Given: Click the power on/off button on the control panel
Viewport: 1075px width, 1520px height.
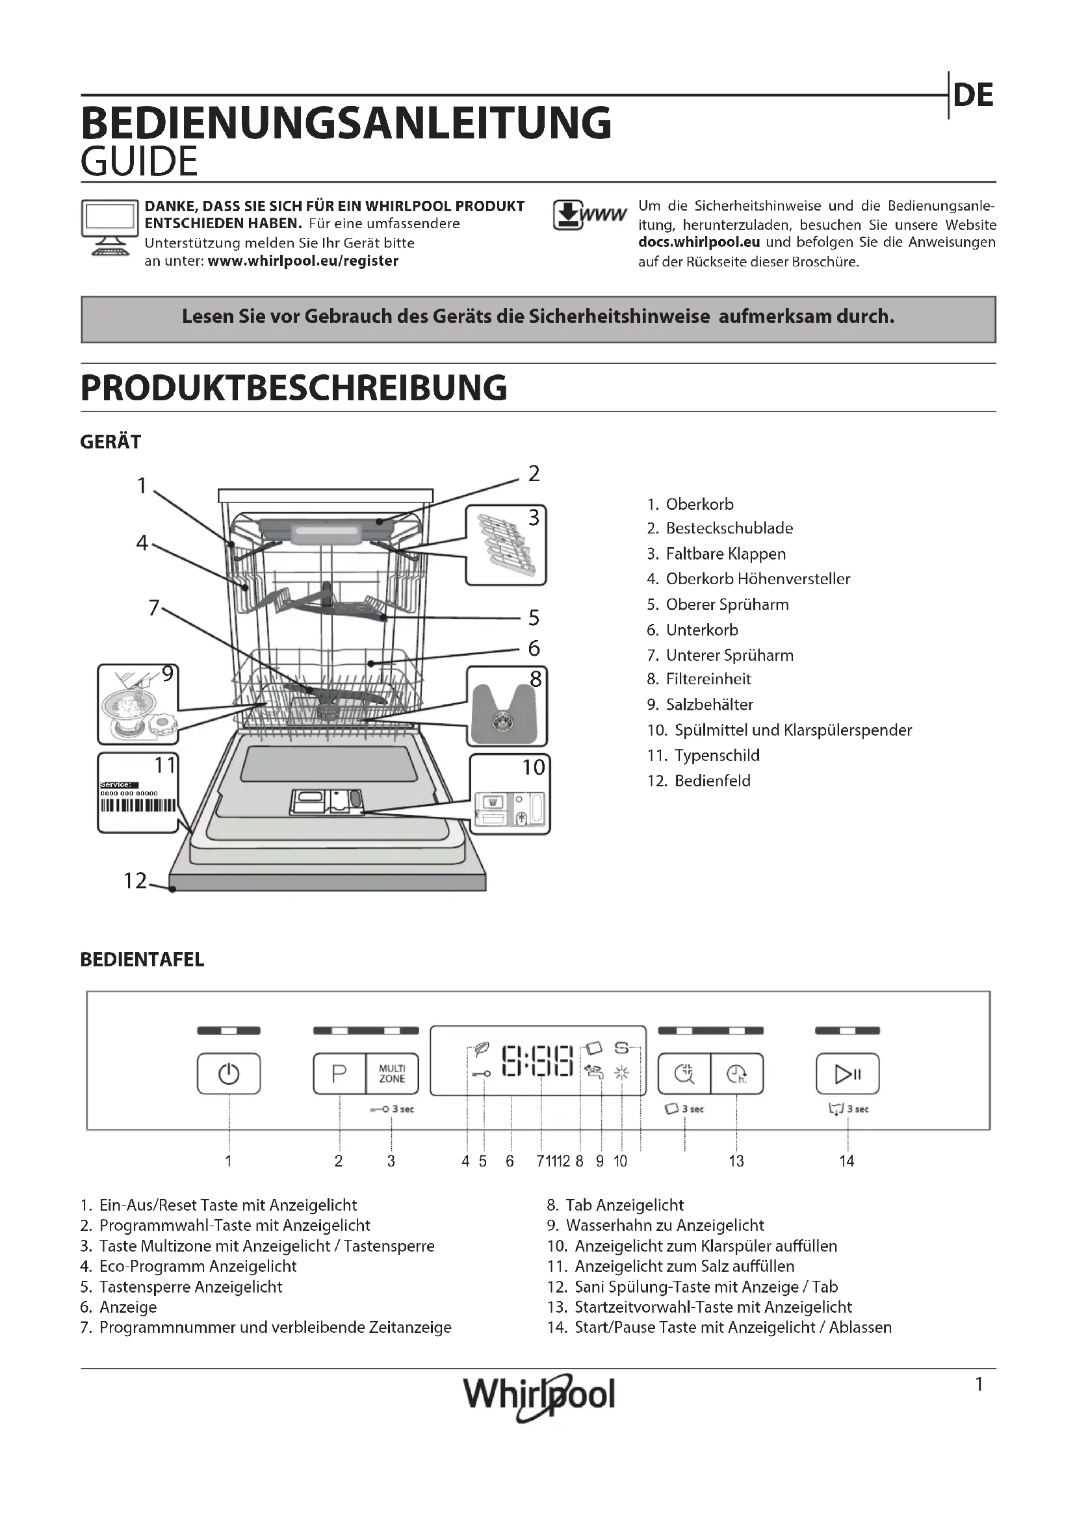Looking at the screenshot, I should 228,1073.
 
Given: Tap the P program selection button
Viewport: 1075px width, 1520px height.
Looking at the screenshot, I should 339,1073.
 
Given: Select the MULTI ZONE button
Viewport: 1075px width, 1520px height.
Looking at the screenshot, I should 392,1073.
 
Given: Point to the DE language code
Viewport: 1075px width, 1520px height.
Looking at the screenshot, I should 973,96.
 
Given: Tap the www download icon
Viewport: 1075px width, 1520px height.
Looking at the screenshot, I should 588,214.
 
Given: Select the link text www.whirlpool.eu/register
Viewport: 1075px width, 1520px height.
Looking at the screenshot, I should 302,261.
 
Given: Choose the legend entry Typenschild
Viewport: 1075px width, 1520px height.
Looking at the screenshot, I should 716,755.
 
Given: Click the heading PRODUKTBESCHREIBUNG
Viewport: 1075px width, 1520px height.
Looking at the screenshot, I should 293,388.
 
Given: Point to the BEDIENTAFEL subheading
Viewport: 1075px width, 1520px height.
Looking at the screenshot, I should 142,960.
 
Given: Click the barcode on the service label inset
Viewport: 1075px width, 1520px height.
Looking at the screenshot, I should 138,806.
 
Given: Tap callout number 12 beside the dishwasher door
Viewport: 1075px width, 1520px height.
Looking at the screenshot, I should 135,881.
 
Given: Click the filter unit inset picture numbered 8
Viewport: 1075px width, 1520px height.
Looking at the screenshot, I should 507,706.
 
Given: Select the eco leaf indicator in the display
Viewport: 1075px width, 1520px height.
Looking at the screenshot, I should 482,1049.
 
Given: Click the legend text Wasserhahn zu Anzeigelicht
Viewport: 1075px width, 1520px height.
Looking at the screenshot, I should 665,1226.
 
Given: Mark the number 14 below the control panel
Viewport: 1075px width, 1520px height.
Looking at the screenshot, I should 847,1161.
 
